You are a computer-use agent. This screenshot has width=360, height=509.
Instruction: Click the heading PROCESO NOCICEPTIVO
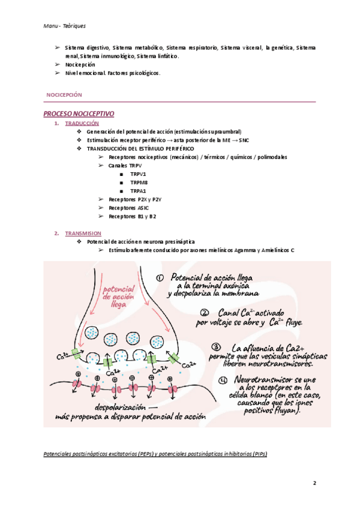(79, 113)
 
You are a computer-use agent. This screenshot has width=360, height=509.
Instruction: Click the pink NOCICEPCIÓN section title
(64, 95)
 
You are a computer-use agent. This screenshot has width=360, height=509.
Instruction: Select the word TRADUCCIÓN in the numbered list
(82, 123)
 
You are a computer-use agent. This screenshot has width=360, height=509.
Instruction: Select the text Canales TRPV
(126, 165)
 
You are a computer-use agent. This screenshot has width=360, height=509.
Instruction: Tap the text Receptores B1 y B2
(133, 216)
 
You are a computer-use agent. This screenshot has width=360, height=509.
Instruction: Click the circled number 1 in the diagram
(159, 278)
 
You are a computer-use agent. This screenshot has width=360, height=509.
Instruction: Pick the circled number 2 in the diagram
(205, 312)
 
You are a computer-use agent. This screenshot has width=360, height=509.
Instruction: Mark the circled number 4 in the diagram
(223, 380)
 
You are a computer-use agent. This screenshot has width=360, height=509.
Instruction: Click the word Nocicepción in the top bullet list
(80, 64)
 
